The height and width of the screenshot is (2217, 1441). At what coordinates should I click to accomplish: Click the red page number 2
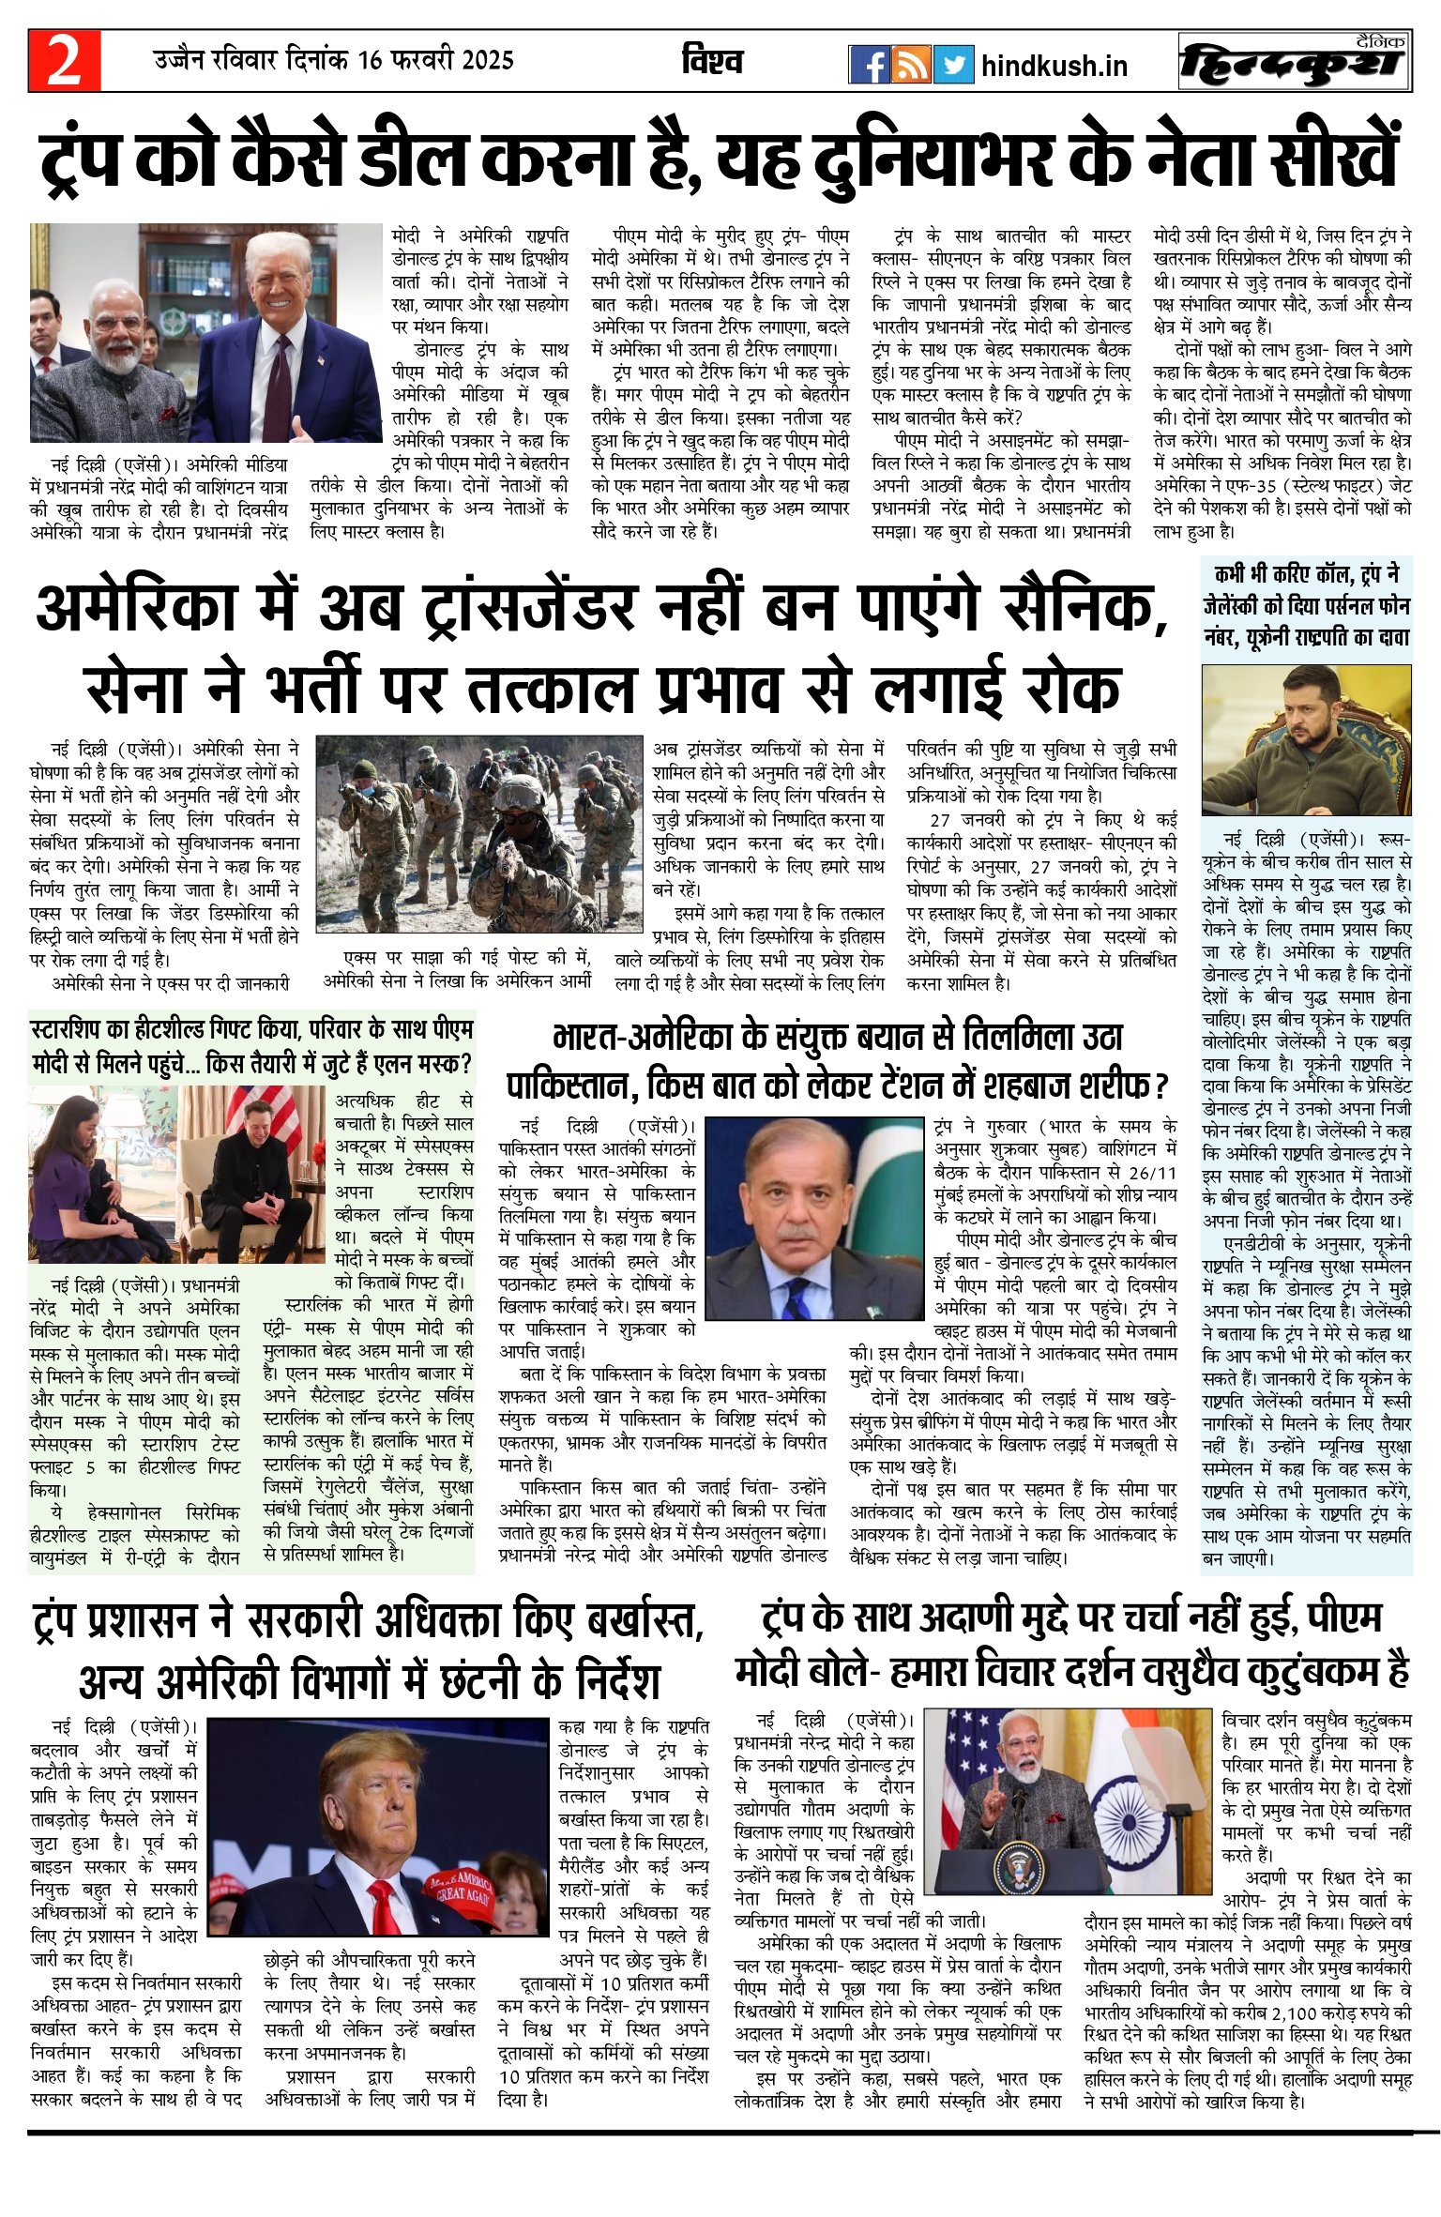[x=64, y=63]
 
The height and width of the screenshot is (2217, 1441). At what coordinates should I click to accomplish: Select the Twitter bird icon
[x=953, y=65]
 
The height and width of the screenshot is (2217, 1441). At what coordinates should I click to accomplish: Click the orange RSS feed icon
[x=911, y=65]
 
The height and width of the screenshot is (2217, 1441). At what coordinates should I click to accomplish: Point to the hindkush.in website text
[x=1054, y=67]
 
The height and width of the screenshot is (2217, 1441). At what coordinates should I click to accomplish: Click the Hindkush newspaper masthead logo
[x=1295, y=63]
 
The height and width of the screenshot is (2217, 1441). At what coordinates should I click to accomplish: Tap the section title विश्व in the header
[x=712, y=62]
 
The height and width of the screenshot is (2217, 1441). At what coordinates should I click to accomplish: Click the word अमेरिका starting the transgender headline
[x=135, y=609]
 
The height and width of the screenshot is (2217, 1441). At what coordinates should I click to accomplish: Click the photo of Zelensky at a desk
[x=1306, y=741]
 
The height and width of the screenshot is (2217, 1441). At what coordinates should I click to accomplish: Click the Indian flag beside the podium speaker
[x=1160, y=1820]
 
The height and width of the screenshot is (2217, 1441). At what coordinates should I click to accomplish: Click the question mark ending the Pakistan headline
[x=1161, y=1087]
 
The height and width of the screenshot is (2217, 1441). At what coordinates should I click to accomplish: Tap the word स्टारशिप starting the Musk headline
[x=74, y=1030]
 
